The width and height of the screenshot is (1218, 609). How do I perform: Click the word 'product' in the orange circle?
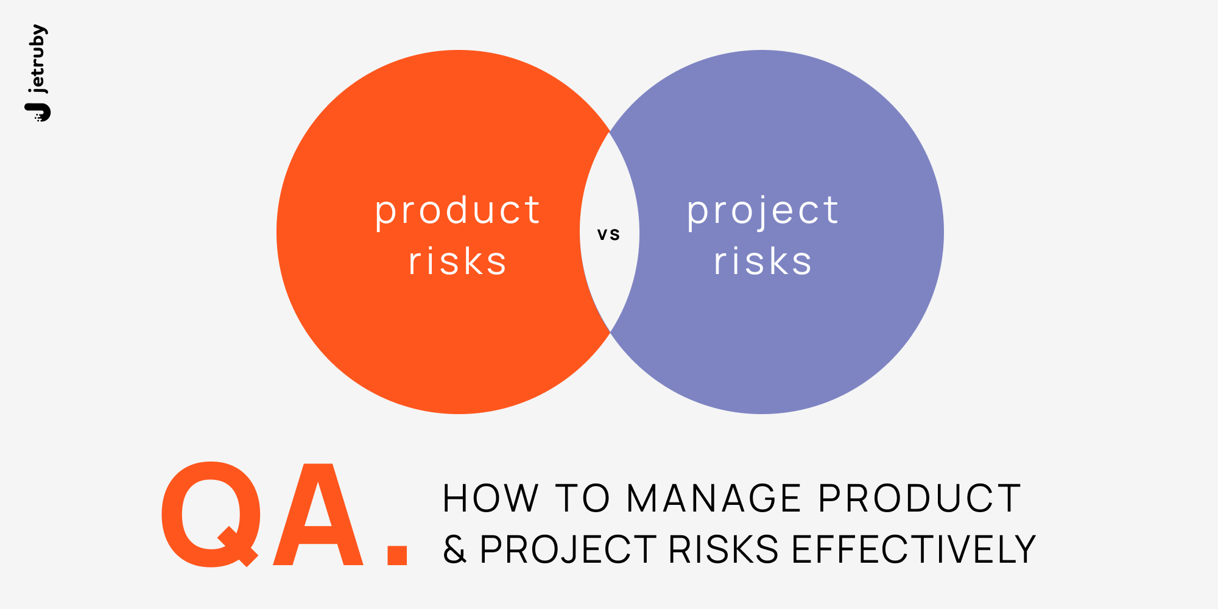457,211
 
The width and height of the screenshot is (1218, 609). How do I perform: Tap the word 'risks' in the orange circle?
457,262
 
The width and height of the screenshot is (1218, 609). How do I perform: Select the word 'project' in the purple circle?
762,211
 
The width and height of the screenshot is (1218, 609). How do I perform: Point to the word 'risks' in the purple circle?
762,262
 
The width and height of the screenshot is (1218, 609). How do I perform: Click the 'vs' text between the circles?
608,234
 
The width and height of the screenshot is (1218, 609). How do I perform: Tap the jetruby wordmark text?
38,59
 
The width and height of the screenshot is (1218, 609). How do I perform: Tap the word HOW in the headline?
490,499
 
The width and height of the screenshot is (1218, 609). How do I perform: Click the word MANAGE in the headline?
714,499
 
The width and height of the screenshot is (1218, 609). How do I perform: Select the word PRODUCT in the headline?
919,499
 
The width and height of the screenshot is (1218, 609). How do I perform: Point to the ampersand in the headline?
454,549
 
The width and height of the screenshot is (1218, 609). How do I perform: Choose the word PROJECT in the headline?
568,549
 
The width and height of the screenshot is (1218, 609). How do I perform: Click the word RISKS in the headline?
723,549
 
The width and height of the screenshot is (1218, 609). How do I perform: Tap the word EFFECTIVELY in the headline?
913,549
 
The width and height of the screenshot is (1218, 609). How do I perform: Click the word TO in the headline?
582,499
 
